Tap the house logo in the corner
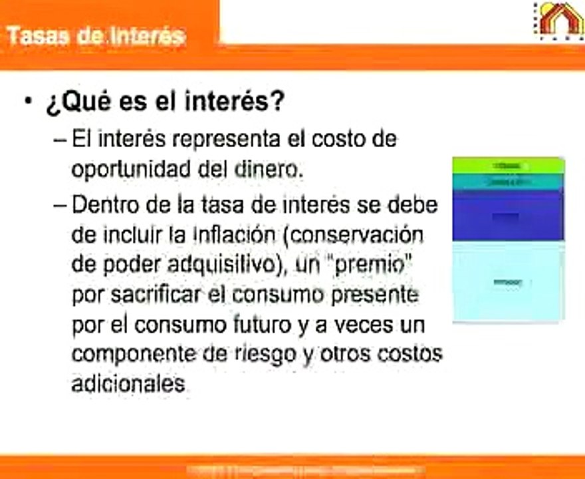(560, 19)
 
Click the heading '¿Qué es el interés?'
(165, 103)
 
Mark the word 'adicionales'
(128, 384)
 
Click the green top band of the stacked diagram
(508, 164)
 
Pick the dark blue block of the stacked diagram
(508, 216)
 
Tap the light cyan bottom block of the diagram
(508, 281)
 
